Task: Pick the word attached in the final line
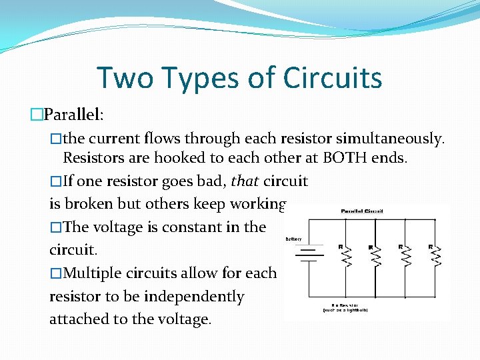coord(79,319)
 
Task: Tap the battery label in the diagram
coord(293,238)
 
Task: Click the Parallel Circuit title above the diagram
coord(362,211)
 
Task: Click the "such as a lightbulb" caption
coord(345,310)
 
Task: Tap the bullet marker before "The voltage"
coord(56,227)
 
